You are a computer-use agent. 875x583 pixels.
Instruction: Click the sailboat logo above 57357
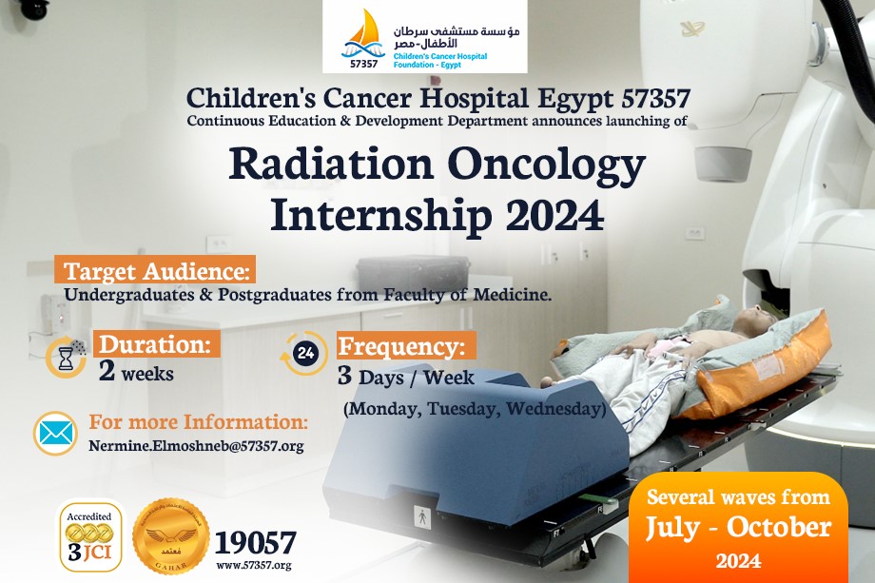pyautogui.click(x=363, y=34)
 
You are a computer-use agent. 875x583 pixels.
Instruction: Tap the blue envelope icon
pyautogui.click(x=55, y=434)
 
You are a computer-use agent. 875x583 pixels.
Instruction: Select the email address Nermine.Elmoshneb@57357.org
pyautogui.click(x=197, y=446)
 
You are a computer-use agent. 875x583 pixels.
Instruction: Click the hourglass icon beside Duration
pyautogui.click(x=66, y=357)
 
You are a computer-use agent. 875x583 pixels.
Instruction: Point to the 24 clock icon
pyautogui.click(x=304, y=353)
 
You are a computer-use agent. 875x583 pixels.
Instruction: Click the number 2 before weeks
pyautogui.click(x=107, y=371)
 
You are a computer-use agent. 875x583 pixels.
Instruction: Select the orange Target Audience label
pyautogui.click(x=155, y=269)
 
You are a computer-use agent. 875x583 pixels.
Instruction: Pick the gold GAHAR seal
pyautogui.click(x=171, y=536)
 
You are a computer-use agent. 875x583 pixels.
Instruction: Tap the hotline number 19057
pyautogui.click(x=256, y=543)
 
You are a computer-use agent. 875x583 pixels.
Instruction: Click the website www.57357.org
pyautogui.click(x=254, y=565)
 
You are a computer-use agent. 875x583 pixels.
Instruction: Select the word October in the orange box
pyautogui.click(x=779, y=527)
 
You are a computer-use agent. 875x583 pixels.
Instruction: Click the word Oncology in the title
pyautogui.click(x=546, y=165)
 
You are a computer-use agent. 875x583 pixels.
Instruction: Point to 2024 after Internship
pyautogui.click(x=554, y=215)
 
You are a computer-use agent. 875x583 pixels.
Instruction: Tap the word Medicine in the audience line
pyautogui.click(x=513, y=294)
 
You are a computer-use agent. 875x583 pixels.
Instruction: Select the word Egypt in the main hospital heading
pyautogui.click(x=575, y=99)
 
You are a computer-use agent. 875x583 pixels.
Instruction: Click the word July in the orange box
pyautogui.click(x=672, y=528)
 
